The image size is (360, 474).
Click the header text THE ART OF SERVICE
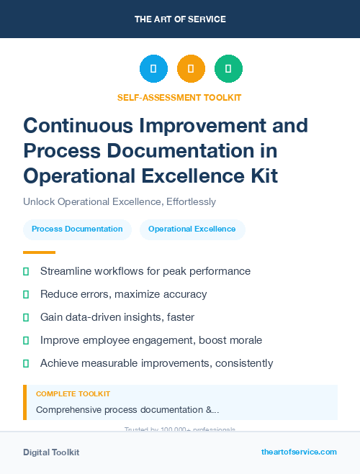click(180, 19)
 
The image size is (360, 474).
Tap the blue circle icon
click(153, 69)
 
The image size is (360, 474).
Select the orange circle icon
click(191, 69)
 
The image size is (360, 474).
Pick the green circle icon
click(228, 69)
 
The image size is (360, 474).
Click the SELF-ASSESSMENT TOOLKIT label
click(179, 97)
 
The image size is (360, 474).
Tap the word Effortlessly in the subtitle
click(191, 201)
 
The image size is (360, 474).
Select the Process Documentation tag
click(77, 229)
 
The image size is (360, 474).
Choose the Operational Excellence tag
click(192, 229)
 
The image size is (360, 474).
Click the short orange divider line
click(39, 252)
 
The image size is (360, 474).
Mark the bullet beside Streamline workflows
click(26, 271)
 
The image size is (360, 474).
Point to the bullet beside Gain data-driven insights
click(26, 317)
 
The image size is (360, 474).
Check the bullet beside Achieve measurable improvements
click(26, 363)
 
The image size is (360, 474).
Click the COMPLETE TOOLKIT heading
click(73, 394)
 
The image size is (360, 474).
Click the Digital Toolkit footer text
click(51, 452)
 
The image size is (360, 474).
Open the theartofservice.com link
click(299, 452)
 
